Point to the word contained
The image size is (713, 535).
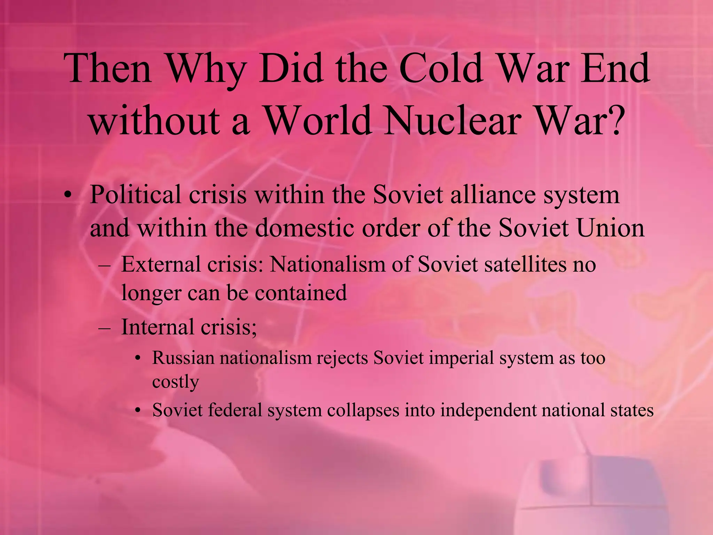coord(301,293)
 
